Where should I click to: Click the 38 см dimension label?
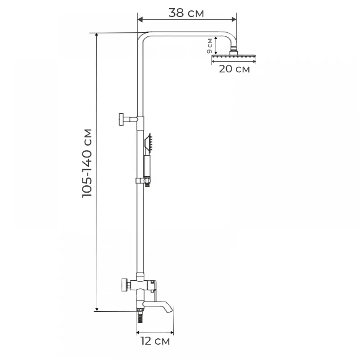[x=186, y=13]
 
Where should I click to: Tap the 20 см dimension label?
[x=234, y=69]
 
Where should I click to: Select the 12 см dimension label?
[x=155, y=341]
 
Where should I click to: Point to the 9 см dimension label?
[x=210, y=46]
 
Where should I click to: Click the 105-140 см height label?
[x=87, y=163]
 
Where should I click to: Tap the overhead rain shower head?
[x=234, y=56]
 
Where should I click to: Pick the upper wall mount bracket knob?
[x=122, y=120]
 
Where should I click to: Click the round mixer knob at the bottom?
[x=125, y=285]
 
